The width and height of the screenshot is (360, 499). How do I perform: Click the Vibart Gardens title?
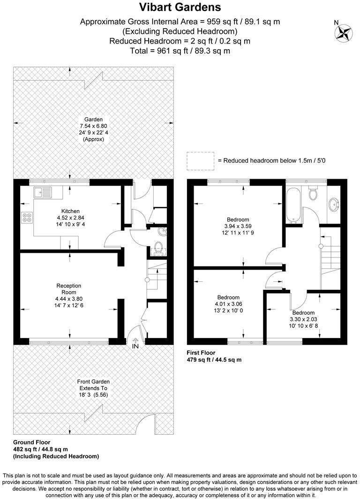click(x=180, y=8)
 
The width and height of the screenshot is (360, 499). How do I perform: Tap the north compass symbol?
click(x=343, y=32)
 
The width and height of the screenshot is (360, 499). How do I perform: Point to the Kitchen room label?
click(x=70, y=211)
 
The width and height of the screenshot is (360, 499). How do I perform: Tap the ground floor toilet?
click(x=158, y=248)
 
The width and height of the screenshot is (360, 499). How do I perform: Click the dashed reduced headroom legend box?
click(x=200, y=160)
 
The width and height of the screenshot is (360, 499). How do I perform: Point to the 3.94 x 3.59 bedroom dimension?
click(x=238, y=226)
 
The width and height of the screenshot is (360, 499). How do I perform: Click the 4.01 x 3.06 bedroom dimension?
click(x=228, y=304)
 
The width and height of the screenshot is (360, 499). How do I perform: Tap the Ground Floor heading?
click(x=31, y=442)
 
